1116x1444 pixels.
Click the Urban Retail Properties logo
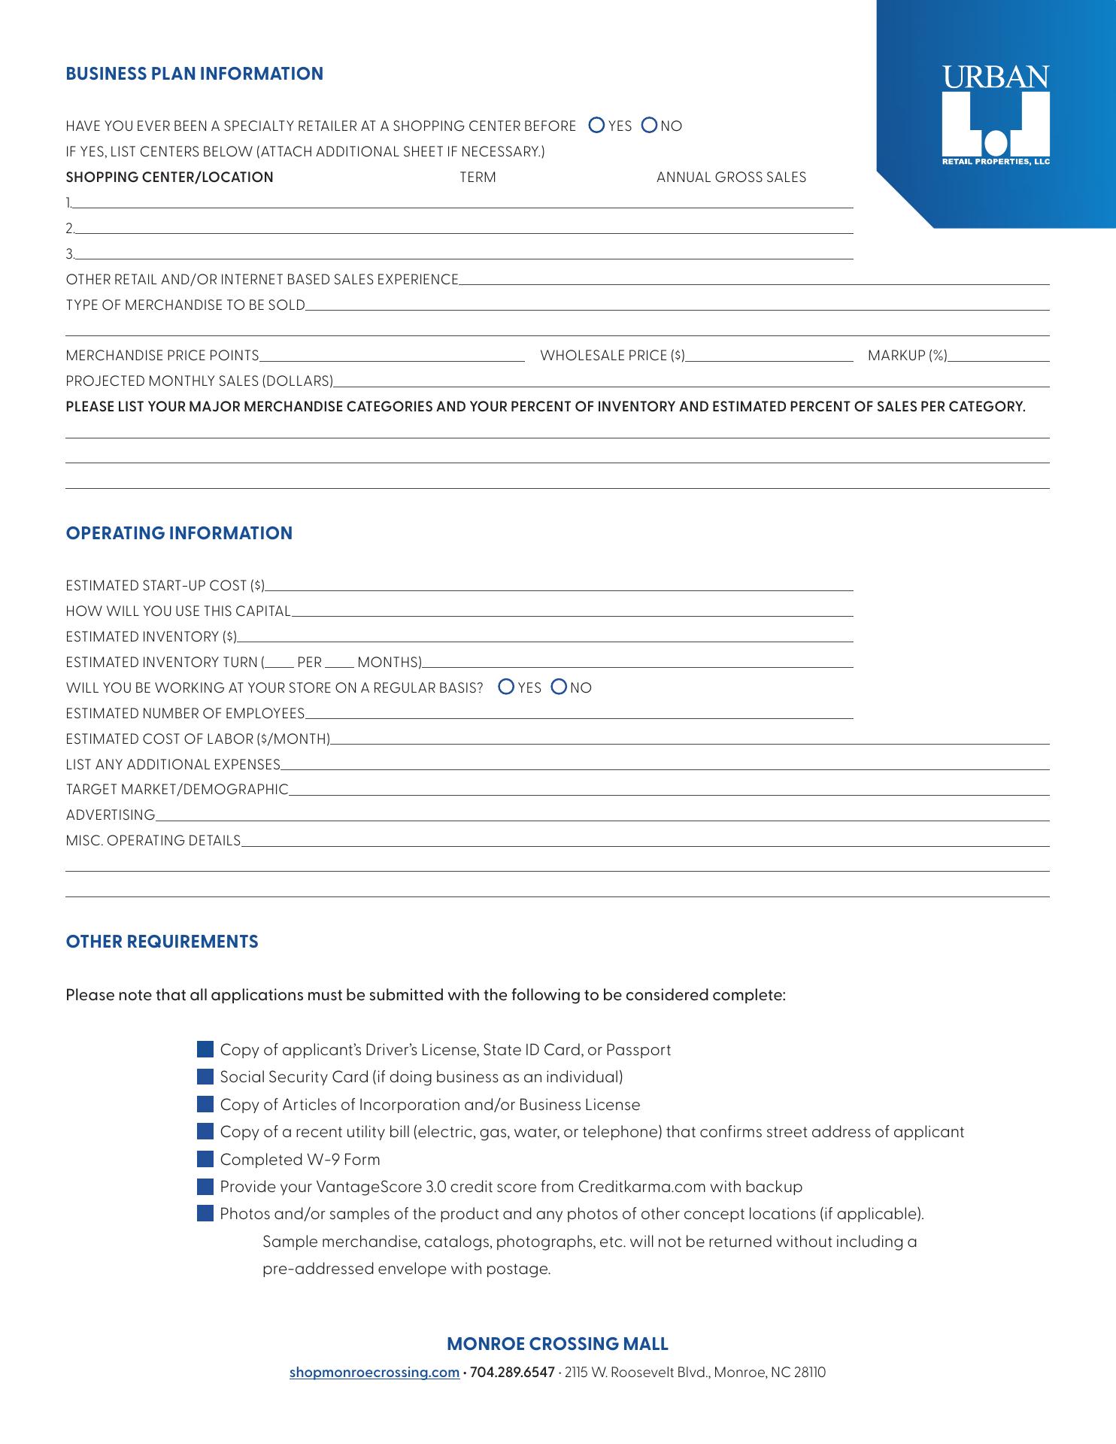[996, 116]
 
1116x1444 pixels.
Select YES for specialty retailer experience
[596, 126]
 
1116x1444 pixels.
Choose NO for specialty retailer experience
[649, 126]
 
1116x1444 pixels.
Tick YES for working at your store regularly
[506, 687]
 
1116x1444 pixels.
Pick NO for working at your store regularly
[559, 687]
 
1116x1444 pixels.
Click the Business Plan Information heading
[194, 74]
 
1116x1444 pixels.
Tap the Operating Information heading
[179, 533]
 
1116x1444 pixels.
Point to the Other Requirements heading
[162, 942]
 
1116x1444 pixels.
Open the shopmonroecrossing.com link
[375, 1372]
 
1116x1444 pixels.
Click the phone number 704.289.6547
[511, 1372]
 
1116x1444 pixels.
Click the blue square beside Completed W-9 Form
[205, 1159]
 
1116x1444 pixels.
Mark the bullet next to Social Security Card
[205, 1077]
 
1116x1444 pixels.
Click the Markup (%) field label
[907, 356]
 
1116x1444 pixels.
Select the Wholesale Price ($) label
[612, 356]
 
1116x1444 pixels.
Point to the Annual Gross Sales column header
[731, 177]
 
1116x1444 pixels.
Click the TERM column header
[478, 177]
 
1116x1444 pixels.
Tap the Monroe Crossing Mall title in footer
[557, 1344]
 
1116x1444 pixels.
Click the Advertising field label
[111, 815]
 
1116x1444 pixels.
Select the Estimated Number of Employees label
[185, 713]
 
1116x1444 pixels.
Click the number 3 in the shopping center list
[69, 254]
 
